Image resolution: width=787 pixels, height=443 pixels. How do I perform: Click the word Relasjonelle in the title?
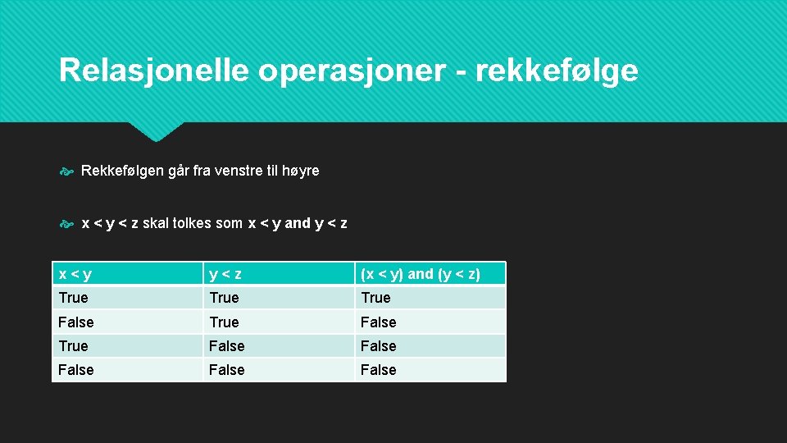click(x=153, y=71)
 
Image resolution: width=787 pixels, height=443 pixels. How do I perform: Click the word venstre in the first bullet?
click(x=232, y=171)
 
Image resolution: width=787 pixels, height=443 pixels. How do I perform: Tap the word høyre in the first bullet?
click(x=300, y=171)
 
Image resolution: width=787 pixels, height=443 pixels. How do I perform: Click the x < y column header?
click(x=75, y=274)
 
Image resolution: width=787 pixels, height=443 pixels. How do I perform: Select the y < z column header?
click(x=225, y=274)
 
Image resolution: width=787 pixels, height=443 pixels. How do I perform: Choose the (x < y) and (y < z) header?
click(x=421, y=274)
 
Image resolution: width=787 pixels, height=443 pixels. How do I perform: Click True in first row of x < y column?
click(x=73, y=298)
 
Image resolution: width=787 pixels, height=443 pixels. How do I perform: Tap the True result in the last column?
click(x=375, y=298)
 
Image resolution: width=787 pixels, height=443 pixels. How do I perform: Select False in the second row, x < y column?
click(x=76, y=322)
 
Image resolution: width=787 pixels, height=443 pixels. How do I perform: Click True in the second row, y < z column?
click(x=224, y=322)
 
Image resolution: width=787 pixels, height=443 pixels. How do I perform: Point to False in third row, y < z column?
click(x=227, y=346)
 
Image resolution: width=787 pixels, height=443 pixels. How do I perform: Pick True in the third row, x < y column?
click(x=73, y=346)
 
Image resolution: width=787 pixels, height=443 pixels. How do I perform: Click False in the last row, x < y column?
click(x=76, y=370)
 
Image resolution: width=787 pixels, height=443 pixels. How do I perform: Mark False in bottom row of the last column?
click(x=378, y=370)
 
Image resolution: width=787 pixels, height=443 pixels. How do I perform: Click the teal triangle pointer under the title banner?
click(x=156, y=130)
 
